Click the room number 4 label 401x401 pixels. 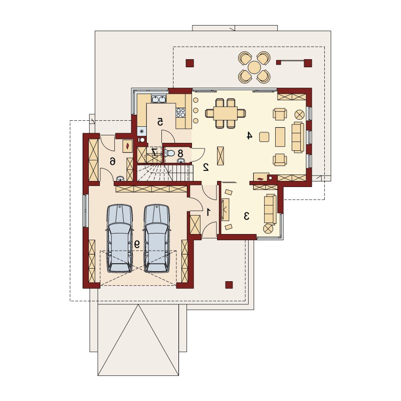coord(249,135)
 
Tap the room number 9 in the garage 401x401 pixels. coord(137,245)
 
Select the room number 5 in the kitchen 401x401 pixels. coord(160,122)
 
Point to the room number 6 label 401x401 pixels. coord(112,161)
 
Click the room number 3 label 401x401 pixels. coord(247,216)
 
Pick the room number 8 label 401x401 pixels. coord(180,153)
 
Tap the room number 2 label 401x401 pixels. coord(206,167)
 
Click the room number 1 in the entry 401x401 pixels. coord(209,212)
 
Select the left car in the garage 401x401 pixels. coord(120,239)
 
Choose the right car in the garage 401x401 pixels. coord(156,239)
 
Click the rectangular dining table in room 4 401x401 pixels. coord(226,113)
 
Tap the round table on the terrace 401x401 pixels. coord(254,68)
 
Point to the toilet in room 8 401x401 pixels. coord(169,153)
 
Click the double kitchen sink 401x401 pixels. coord(159,99)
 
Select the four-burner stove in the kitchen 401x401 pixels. coord(180,112)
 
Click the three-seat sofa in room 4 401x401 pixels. coord(298,137)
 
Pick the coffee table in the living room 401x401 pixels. coord(280,137)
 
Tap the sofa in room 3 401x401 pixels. coord(270,209)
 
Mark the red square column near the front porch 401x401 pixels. coord(229,285)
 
